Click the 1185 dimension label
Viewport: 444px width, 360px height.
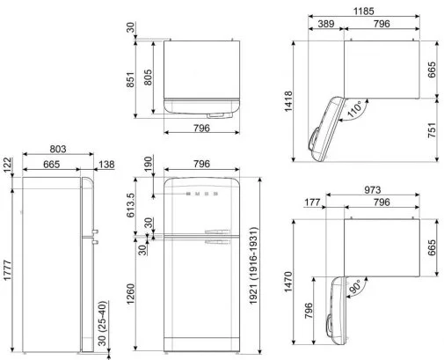coord(364,11)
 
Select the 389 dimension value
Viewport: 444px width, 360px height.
coord(326,24)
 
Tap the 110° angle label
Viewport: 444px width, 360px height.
coord(355,109)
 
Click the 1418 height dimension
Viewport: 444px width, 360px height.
coord(288,101)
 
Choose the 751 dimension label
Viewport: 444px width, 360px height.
coord(432,130)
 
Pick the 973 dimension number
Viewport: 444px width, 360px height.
coord(373,190)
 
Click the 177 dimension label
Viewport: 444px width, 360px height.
coord(312,202)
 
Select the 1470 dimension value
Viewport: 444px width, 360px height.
coord(288,282)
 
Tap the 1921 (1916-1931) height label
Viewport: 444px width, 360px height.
coord(253,266)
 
